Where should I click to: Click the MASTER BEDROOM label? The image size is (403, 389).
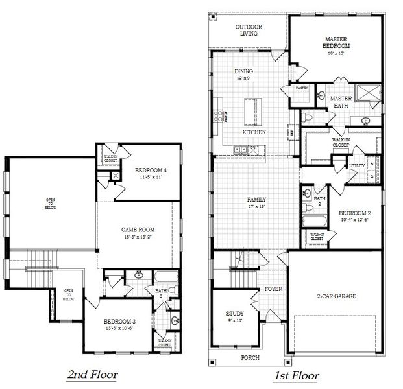(x=337, y=43)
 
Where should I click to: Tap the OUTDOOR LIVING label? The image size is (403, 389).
(x=249, y=29)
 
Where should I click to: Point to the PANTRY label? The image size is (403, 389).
(x=301, y=88)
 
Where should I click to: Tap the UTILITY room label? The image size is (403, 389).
(x=356, y=166)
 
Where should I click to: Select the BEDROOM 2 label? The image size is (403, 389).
(x=354, y=213)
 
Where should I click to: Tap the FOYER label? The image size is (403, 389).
(x=273, y=289)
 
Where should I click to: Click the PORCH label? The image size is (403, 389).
(x=250, y=357)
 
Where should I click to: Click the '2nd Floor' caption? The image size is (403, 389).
(x=93, y=375)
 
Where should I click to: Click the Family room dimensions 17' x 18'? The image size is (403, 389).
(x=257, y=207)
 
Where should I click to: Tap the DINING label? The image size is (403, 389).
(x=243, y=71)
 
